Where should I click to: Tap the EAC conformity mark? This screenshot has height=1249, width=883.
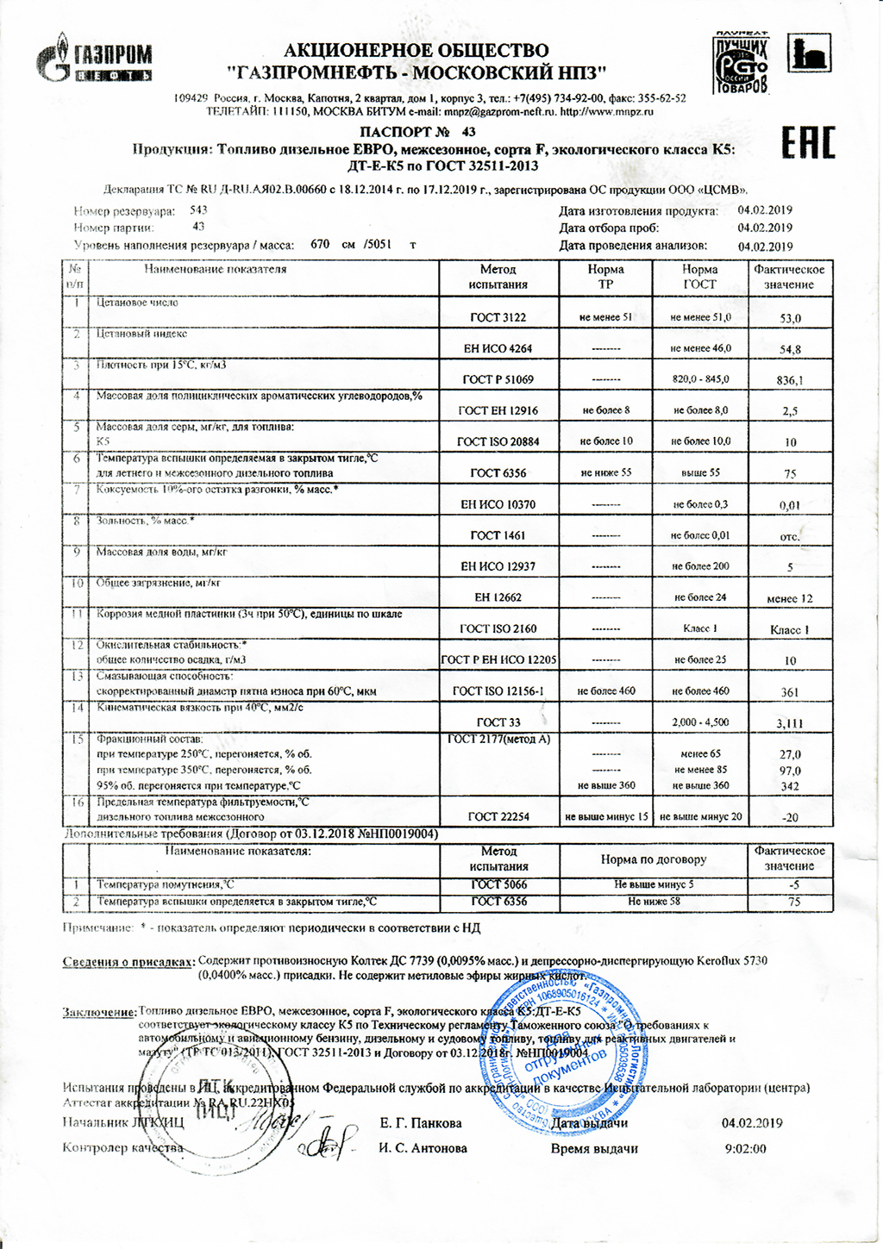pos(808,143)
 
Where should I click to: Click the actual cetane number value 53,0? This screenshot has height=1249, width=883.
pos(790,318)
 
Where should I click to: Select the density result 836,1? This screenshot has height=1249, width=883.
pos(790,380)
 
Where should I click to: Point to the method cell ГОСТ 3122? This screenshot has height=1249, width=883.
pos(498,317)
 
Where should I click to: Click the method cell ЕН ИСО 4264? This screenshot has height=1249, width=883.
pos(498,348)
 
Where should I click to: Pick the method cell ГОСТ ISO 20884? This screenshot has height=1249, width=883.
pos(498,441)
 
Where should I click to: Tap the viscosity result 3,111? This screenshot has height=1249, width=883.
pos(790,723)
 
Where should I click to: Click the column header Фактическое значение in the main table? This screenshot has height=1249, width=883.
pos(789,277)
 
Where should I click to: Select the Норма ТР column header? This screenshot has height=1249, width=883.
pos(605,277)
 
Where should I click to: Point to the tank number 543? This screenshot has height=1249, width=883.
pos(198,209)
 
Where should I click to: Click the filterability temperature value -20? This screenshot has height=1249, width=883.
pos(790,817)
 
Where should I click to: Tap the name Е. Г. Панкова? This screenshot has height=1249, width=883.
pos(421,1123)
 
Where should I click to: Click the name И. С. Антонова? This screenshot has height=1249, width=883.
pos(423,1148)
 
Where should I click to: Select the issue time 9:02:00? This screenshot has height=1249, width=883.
pos(746,1148)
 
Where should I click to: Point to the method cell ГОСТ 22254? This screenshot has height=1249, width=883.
pos(498,816)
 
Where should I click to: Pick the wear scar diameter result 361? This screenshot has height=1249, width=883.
pos(790,692)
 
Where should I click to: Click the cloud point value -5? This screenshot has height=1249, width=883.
pos(794,884)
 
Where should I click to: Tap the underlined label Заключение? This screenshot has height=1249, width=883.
pos(98,1012)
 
